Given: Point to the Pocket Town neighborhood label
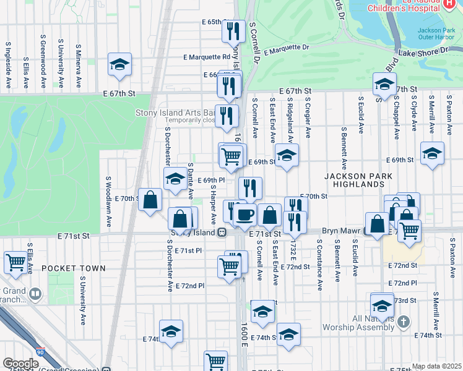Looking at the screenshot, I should tap(74, 268).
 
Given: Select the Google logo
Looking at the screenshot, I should tap(20, 364).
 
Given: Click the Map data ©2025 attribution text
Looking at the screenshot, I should tap(436, 366).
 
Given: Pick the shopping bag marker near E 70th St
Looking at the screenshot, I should tap(150, 199).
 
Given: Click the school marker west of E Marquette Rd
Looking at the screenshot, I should tap(119, 64).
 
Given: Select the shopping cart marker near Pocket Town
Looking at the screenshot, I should tap(16, 261).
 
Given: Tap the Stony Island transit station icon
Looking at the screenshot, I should tap(221, 232).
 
